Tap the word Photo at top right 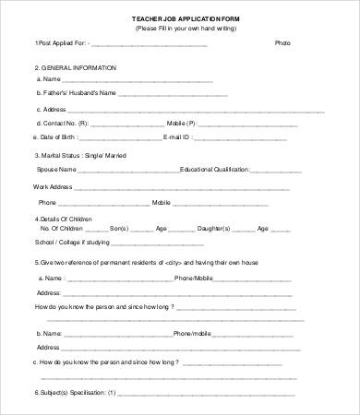(x=282, y=43)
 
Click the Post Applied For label (x=63, y=43)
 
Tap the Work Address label (x=53, y=186)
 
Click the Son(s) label (x=119, y=228)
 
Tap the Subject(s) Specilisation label (x=75, y=392)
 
